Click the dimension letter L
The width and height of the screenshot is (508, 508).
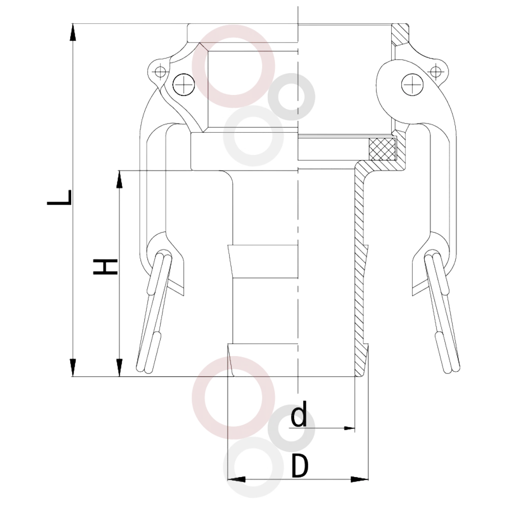pyautogui.click(x=59, y=198)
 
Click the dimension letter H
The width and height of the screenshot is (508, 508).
pyautogui.click(x=105, y=267)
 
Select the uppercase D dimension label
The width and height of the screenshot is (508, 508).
pyautogui.click(x=300, y=466)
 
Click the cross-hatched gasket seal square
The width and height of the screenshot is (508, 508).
pyautogui.click(x=383, y=149)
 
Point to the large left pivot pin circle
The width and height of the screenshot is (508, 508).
pyautogui.click(x=184, y=85)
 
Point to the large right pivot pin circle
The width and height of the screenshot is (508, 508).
pyautogui.click(x=412, y=85)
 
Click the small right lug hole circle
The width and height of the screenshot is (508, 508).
pyautogui.click(x=436, y=71)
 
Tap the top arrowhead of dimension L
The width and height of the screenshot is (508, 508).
pyautogui.click(x=74, y=33)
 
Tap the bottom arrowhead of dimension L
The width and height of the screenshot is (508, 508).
pyautogui.click(x=74, y=368)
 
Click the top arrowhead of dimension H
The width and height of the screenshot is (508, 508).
pyautogui.click(x=120, y=179)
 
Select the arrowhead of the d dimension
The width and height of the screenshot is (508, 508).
pyautogui.click(x=349, y=428)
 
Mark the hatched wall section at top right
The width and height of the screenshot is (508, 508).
pyautogui.click(x=400, y=35)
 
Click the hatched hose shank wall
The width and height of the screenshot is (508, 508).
pyautogui.click(x=362, y=269)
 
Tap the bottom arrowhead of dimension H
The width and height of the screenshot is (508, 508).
pyautogui.click(x=120, y=368)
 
